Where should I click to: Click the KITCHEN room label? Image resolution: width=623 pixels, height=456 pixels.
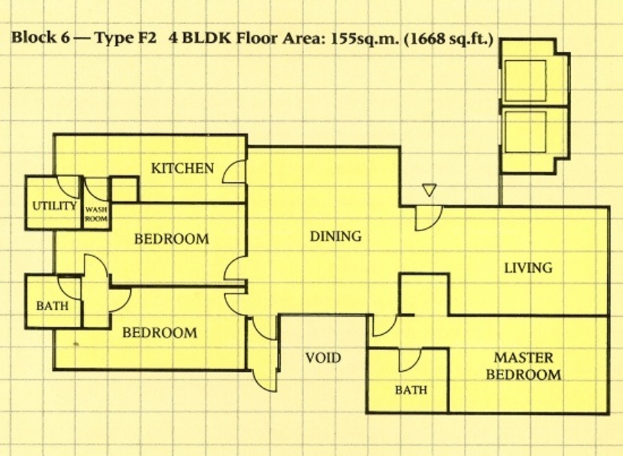point(182,168)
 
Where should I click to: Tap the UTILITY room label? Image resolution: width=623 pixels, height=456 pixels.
point(54,206)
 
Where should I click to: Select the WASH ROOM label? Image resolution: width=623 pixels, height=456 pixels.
point(96,214)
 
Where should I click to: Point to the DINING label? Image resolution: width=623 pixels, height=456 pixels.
point(336,237)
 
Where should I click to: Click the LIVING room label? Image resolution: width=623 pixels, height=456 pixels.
point(528,268)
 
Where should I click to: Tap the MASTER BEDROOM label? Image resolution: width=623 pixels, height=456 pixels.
point(524,366)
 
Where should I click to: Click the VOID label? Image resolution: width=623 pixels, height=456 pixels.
point(323,358)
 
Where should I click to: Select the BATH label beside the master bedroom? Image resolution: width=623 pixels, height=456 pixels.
point(411,390)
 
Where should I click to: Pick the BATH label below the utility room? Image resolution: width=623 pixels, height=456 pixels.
point(52,306)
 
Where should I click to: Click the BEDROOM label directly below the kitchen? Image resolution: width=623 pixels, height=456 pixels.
point(172,239)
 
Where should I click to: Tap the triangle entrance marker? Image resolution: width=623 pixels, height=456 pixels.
point(429,190)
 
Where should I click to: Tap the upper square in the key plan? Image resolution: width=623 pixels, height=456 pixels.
point(525,81)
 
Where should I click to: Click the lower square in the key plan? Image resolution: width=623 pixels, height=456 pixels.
point(525,132)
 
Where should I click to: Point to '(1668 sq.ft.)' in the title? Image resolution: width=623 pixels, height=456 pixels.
point(449,39)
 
